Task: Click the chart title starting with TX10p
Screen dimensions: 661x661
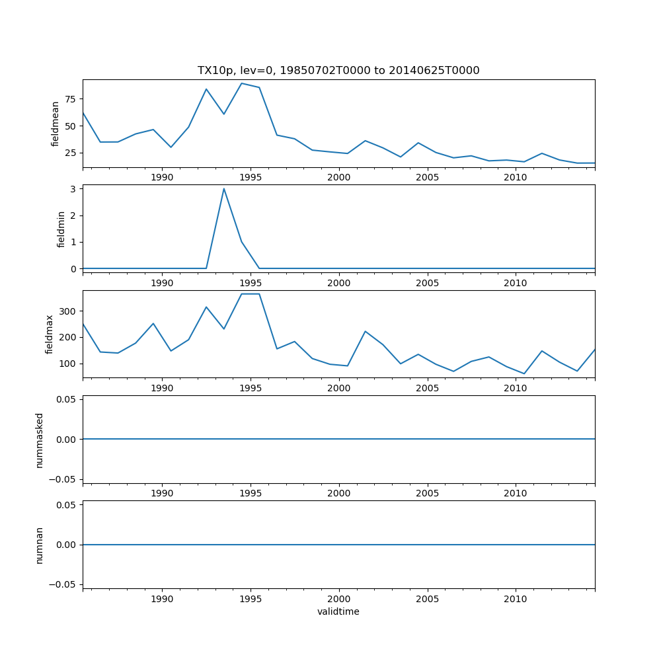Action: (338, 71)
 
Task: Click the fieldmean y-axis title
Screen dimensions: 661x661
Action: (56, 124)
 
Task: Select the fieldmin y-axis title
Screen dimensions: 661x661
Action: (61, 229)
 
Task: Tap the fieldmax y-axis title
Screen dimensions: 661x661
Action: (50, 334)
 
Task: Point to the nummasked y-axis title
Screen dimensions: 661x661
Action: (40, 440)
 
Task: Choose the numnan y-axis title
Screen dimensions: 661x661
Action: (40, 545)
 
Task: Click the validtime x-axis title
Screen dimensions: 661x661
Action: (338, 612)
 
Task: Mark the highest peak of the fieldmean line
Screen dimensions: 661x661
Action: (241, 83)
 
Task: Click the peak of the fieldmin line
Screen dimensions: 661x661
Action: (223, 188)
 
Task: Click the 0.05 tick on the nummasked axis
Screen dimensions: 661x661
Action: (66, 399)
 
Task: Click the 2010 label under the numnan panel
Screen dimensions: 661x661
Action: (516, 599)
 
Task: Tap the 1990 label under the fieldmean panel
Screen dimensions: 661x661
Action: (162, 177)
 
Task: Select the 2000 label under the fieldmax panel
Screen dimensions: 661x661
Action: (338, 388)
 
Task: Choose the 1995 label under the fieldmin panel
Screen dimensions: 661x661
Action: (251, 283)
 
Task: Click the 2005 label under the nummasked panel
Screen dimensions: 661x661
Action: (427, 493)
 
